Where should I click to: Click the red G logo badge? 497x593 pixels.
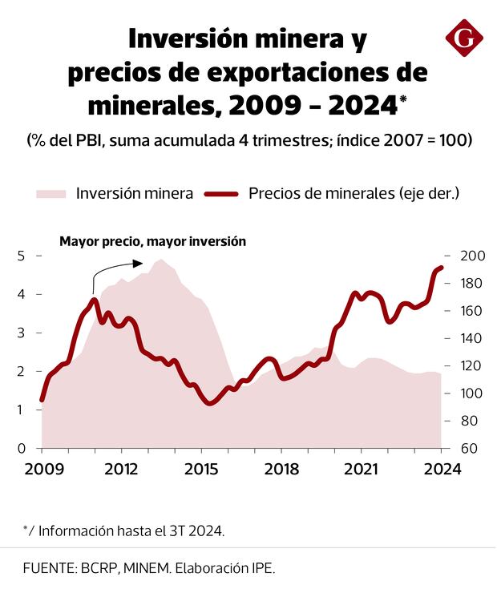coord(464,37)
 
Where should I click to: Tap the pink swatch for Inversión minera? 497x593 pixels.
coord(51,193)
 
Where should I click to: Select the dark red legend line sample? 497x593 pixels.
coord(222,193)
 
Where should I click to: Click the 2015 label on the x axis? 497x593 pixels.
coord(200,470)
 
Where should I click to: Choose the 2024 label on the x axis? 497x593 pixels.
coord(442,470)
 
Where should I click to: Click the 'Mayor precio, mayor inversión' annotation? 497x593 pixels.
coord(152,240)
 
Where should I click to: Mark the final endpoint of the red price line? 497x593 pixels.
coord(440,268)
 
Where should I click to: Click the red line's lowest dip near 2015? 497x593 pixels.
coord(210,403)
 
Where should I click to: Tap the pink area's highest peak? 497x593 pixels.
coord(161,260)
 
